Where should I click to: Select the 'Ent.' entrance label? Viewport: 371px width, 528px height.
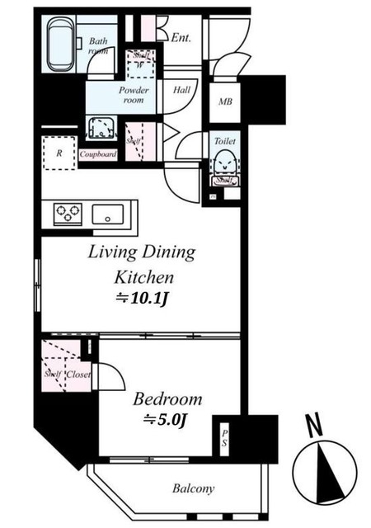click(x=182, y=36)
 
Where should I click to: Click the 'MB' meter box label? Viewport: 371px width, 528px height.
click(x=224, y=101)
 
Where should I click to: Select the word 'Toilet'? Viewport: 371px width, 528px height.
click(x=224, y=141)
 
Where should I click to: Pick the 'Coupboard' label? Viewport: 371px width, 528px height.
click(x=98, y=153)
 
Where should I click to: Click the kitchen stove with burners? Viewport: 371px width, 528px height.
click(x=68, y=214)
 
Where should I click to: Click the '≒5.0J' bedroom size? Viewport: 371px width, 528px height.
click(x=167, y=419)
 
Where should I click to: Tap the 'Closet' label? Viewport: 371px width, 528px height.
click(x=79, y=374)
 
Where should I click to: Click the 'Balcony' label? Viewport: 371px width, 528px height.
click(x=194, y=488)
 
